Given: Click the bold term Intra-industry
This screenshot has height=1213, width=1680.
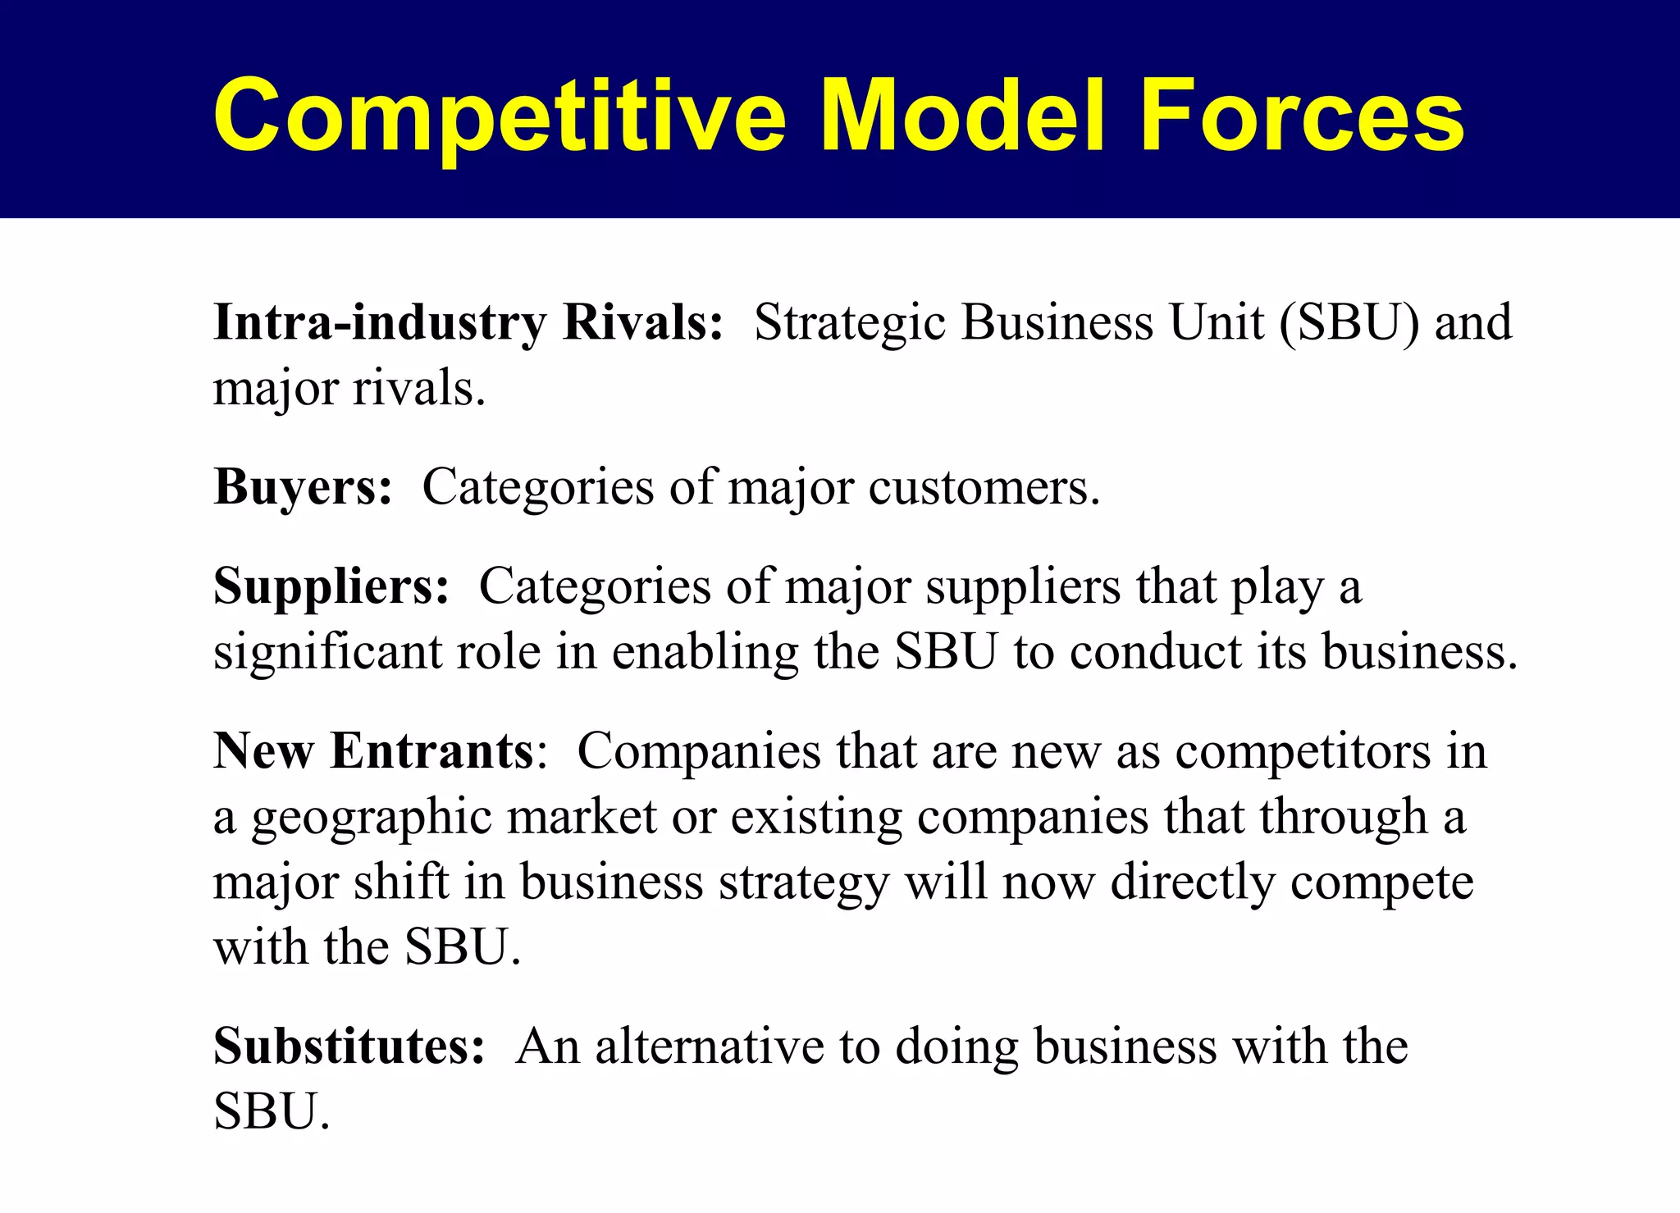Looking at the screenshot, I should (379, 322).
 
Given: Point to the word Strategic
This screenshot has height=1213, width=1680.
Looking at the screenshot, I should (850, 322).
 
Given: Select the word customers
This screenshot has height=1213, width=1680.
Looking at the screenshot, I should (984, 487).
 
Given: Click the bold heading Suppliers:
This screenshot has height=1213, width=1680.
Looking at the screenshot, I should (331, 587).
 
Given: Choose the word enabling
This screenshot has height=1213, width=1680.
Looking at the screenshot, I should (705, 654).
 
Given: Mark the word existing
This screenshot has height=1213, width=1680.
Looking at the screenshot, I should (816, 818).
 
